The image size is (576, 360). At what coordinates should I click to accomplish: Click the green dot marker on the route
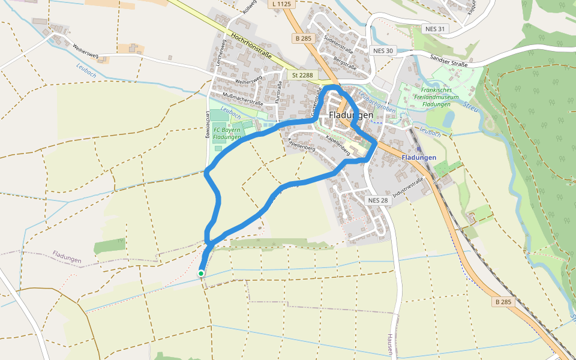[201, 274]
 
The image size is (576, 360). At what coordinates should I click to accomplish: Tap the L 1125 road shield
[281, 4]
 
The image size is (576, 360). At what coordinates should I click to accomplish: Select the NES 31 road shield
[435, 29]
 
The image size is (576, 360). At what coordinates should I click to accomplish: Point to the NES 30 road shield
[382, 50]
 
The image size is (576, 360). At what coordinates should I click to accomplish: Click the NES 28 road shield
[378, 200]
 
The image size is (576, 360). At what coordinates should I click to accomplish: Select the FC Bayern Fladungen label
[227, 133]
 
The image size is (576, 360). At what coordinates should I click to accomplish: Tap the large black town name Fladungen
[351, 115]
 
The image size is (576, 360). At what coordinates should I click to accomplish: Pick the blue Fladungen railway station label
[419, 157]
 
